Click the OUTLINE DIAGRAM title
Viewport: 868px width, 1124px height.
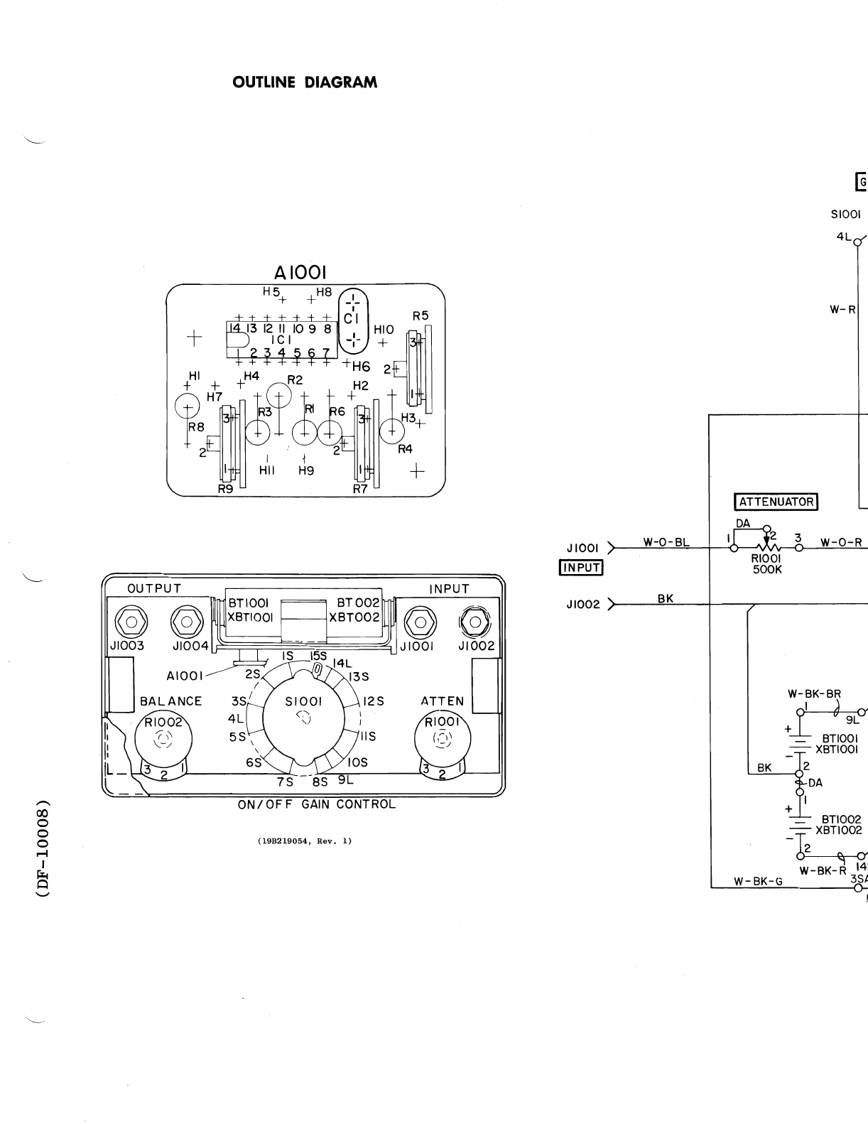pyautogui.click(x=305, y=82)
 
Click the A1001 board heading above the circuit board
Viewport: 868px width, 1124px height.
pyautogui.click(x=300, y=273)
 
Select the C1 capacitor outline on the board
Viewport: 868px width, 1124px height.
pyautogui.click(x=353, y=320)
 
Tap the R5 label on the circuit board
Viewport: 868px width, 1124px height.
pyautogui.click(x=421, y=315)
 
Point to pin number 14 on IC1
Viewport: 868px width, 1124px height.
pyautogui.click(x=234, y=328)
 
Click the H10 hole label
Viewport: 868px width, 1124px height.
pyautogui.click(x=384, y=330)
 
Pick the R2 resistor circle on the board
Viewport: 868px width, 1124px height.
pyautogui.click(x=278, y=396)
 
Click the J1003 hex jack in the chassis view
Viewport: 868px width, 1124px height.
pyautogui.click(x=131, y=622)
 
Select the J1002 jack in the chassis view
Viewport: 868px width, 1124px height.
pyautogui.click(x=475, y=622)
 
